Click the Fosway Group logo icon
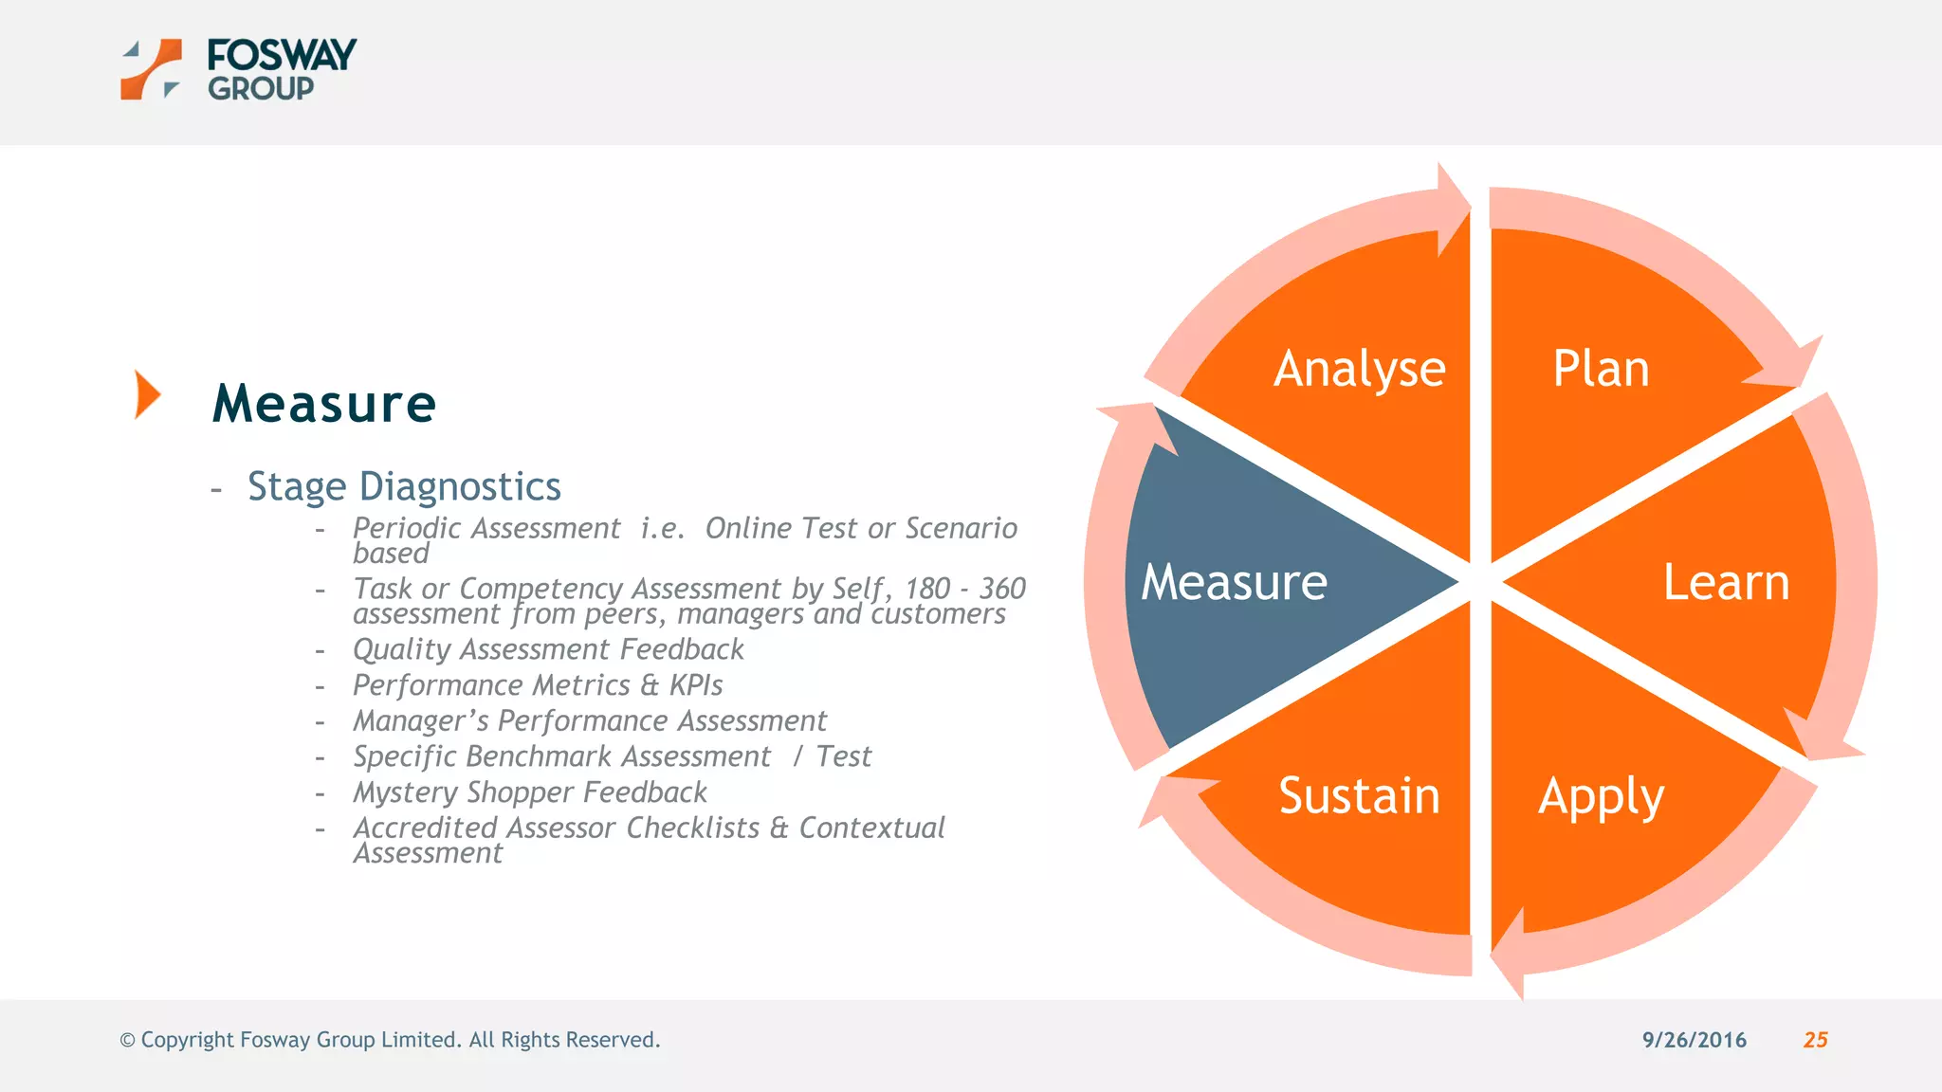click(x=151, y=69)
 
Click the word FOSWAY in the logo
click(x=282, y=55)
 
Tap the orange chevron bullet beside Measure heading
click(x=147, y=394)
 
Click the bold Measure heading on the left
click(x=324, y=404)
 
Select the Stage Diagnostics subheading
click(x=404, y=486)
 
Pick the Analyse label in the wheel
click(x=1359, y=369)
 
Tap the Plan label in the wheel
click(x=1601, y=369)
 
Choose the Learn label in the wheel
click(x=1726, y=582)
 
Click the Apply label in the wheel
click(x=1601, y=796)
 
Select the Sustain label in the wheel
click(x=1359, y=796)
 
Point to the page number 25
click(x=1815, y=1040)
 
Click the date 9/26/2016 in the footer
click(x=1694, y=1040)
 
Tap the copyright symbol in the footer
click(x=127, y=1041)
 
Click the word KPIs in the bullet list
click(x=695, y=685)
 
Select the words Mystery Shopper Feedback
click(x=530, y=792)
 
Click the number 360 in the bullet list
click(x=1001, y=589)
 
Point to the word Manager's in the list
click(x=420, y=721)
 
